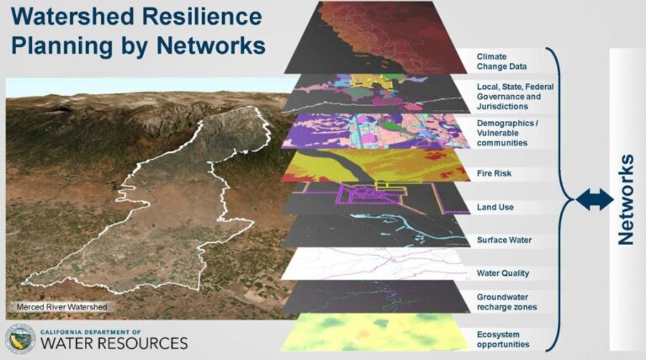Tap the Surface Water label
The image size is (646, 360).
click(x=504, y=240)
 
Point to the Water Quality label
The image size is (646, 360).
click(x=502, y=273)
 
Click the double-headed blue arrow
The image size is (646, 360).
click(x=595, y=199)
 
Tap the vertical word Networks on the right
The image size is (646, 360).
click(x=625, y=199)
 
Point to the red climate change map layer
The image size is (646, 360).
click(x=379, y=38)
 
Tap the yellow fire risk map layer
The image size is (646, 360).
click(x=370, y=167)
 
